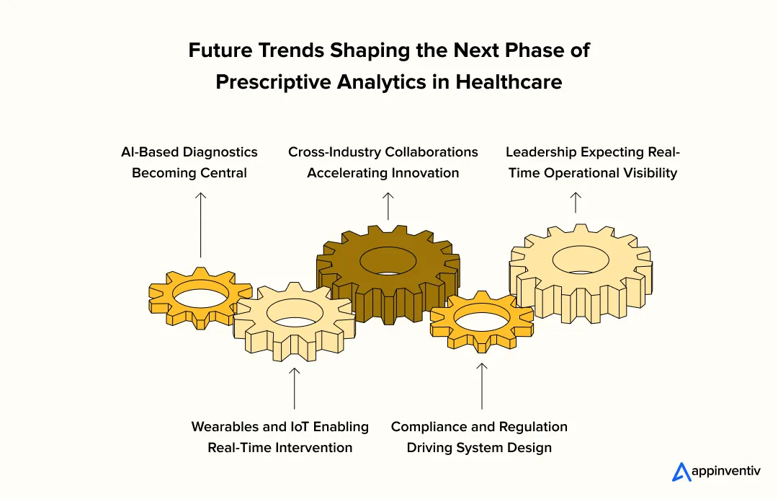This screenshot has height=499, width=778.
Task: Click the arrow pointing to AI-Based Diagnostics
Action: click(201, 224)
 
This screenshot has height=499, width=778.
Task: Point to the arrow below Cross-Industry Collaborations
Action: click(388, 206)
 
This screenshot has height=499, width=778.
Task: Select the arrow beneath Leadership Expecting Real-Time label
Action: click(575, 202)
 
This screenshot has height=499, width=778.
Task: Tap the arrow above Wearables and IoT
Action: click(294, 389)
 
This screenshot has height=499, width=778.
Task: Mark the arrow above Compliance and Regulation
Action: click(482, 386)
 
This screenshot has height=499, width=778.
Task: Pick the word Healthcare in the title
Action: click(508, 81)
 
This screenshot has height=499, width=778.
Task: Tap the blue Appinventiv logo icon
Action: click(681, 472)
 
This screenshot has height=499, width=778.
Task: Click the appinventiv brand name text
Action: click(725, 472)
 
